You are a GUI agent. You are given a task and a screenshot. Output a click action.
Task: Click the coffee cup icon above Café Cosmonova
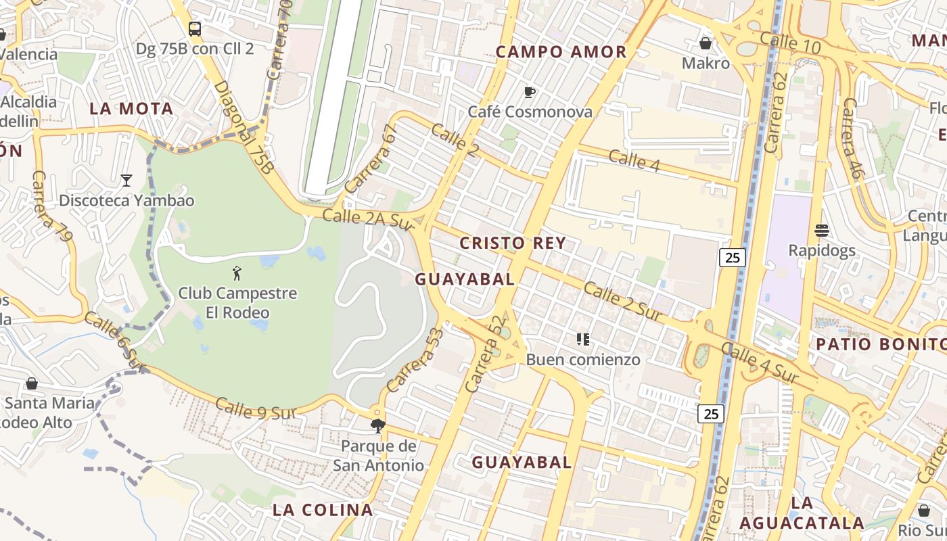[530, 92]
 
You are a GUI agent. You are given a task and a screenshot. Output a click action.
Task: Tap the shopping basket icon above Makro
[706, 43]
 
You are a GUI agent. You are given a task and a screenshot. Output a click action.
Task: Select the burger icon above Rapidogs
[822, 231]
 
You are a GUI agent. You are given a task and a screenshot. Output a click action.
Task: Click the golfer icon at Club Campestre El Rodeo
[237, 273]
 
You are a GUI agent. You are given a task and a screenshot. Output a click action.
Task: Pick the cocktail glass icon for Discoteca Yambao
[126, 180]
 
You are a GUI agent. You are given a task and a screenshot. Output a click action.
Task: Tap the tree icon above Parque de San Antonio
[377, 426]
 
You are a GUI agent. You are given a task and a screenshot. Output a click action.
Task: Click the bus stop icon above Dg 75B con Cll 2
[195, 28]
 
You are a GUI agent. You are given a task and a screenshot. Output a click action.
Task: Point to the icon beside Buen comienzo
[582, 339]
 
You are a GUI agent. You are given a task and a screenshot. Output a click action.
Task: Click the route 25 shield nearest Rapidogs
[732, 257]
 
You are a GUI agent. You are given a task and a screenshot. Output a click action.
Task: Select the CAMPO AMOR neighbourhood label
[561, 52]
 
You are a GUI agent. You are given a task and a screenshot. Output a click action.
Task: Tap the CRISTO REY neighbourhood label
[512, 243]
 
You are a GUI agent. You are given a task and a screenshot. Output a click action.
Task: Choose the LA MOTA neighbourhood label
[131, 109]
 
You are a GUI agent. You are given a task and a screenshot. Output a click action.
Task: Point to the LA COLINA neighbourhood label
[323, 510]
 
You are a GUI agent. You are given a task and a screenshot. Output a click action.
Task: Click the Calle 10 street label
[790, 44]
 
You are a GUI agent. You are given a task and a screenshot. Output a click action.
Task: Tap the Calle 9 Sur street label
[256, 409]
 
